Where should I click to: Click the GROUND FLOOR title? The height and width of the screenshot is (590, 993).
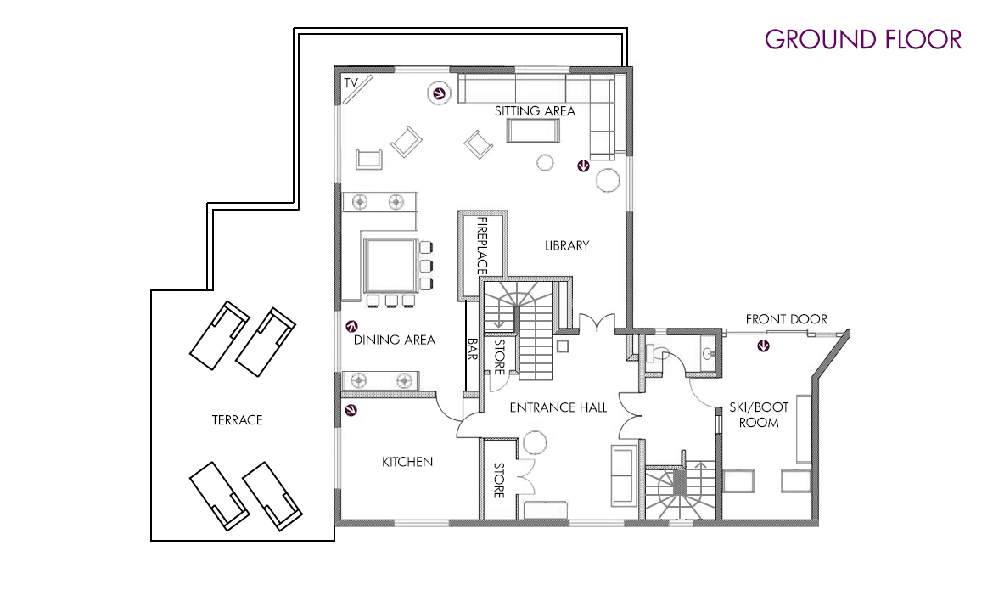click(x=863, y=39)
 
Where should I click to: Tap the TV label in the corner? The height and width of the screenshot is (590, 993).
click(x=351, y=82)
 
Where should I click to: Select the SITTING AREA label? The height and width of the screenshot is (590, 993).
click(x=536, y=111)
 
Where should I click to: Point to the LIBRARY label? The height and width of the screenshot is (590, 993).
click(x=567, y=245)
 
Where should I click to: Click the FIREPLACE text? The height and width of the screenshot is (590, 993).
click(x=482, y=246)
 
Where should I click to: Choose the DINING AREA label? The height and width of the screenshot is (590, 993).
click(x=395, y=340)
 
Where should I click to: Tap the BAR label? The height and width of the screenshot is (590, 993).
click(x=473, y=349)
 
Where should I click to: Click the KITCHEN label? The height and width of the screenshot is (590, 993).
click(x=407, y=462)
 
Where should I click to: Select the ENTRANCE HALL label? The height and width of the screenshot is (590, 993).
click(x=558, y=407)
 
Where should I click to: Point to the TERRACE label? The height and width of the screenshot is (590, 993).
click(x=238, y=419)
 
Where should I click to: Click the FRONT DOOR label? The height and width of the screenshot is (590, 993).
click(x=787, y=319)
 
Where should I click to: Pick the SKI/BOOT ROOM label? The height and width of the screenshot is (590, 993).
click(x=759, y=414)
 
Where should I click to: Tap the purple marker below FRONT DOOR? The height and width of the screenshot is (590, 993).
click(x=764, y=346)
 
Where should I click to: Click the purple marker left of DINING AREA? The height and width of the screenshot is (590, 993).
click(x=351, y=326)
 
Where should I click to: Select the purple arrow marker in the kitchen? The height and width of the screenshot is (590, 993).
click(x=351, y=411)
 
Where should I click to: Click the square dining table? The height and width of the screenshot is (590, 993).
click(x=390, y=265)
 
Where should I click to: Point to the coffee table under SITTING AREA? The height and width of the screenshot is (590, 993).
click(x=533, y=131)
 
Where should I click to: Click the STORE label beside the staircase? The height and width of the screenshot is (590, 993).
click(x=499, y=357)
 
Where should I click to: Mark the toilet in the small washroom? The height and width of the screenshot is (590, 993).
click(x=658, y=352)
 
